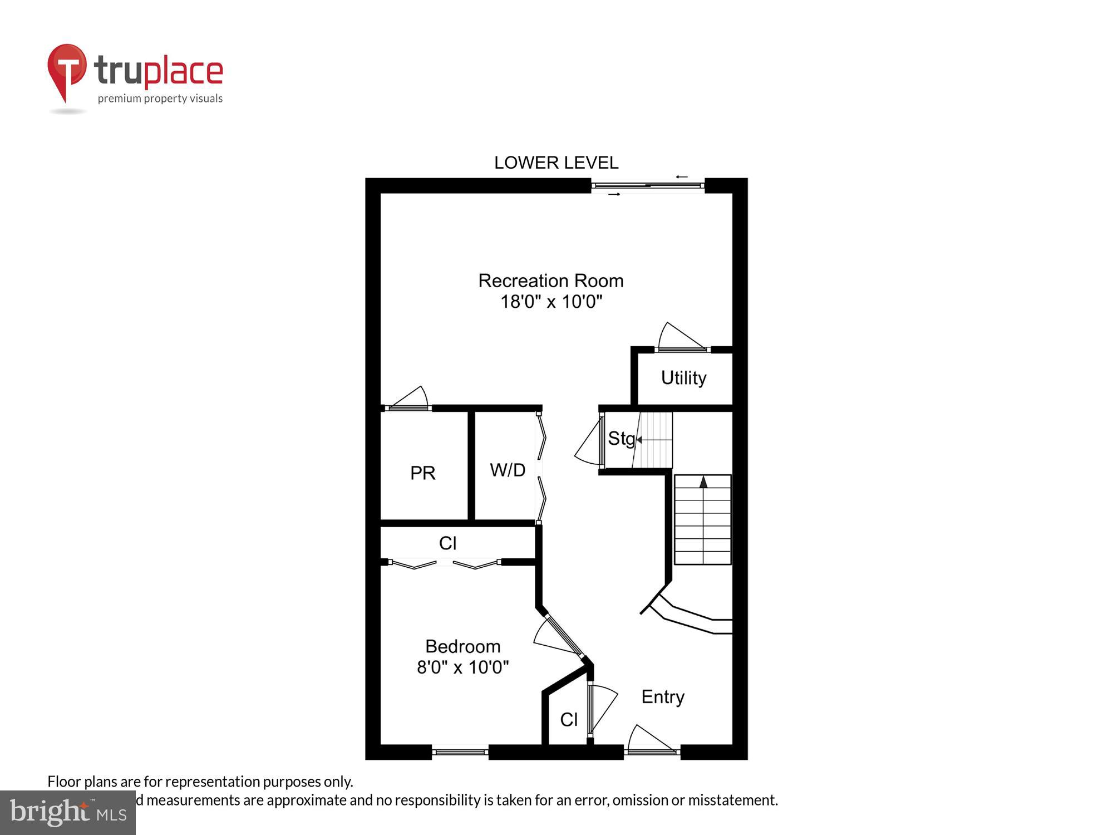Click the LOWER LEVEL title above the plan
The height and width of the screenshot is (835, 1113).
[x=556, y=163]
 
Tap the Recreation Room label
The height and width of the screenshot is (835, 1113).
[x=550, y=281]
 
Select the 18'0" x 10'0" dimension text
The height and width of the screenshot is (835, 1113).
[x=551, y=302]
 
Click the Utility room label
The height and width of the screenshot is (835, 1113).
[x=683, y=378]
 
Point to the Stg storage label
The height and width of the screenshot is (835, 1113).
[x=621, y=439]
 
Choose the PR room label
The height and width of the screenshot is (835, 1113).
[x=422, y=473]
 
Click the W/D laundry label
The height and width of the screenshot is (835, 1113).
[x=507, y=470]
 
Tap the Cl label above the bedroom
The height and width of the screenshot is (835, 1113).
[x=447, y=543]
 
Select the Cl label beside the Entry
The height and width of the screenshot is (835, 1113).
[x=569, y=720]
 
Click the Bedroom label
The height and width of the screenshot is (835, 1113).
[x=462, y=646]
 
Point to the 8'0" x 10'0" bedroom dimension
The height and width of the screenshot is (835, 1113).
[x=462, y=667]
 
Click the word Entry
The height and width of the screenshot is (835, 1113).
[x=662, y=697]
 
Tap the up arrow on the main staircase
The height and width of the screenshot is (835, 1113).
[x=703, y=482]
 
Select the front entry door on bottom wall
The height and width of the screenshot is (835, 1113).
[x=651, y=740]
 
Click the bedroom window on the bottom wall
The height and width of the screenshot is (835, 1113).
[x=460, y=752]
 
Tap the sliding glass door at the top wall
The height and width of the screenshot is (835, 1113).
[x=647, y=185]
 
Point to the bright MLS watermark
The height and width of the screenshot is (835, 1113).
[x=67, y=813]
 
